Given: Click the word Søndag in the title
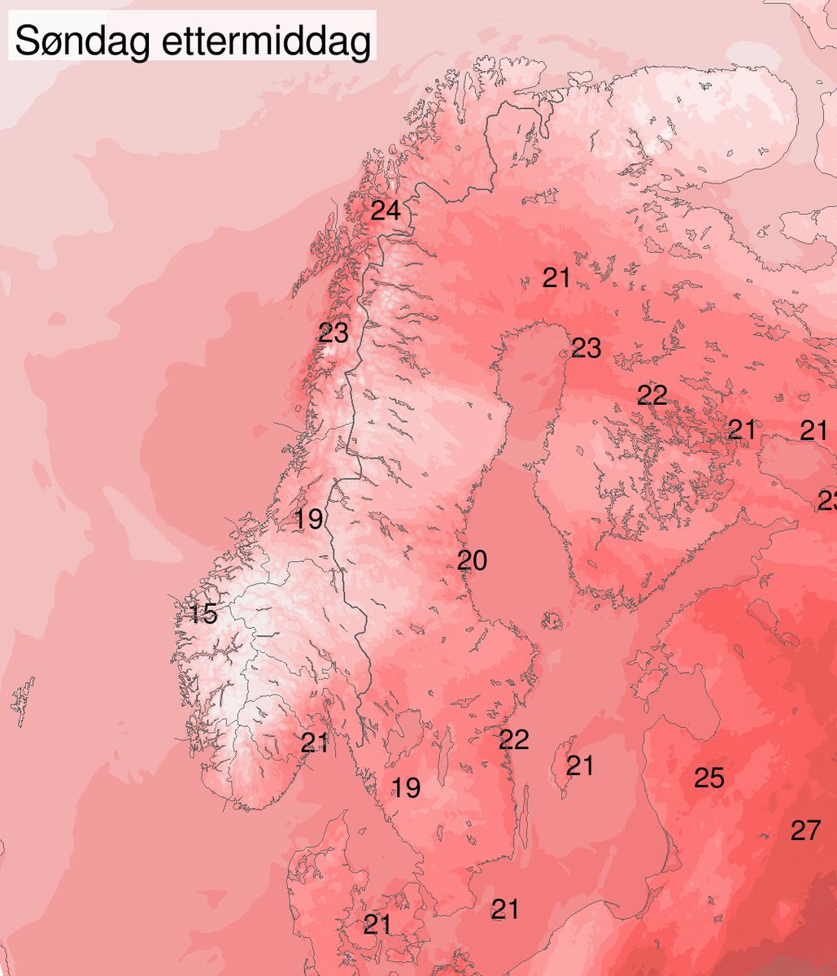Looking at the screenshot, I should point(80,41).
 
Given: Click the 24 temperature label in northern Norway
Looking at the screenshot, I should point(386,211).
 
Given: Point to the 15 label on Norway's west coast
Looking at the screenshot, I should point(203,614).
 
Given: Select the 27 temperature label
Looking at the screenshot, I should point(805,830).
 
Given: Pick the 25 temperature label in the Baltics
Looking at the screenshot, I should point(708,778).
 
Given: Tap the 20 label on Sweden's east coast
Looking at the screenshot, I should point(472,560).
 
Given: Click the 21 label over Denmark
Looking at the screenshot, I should point(377,924).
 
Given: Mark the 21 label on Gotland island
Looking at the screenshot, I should point(580,765).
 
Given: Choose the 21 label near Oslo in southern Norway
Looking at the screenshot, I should point(315,743).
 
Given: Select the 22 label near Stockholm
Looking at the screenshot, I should point(514,739).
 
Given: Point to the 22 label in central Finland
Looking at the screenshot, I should point(652,395).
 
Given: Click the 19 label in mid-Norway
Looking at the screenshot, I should point(309,518).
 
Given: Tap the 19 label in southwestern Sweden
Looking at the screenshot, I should point(406,786).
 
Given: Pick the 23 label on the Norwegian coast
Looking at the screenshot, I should point(333,333).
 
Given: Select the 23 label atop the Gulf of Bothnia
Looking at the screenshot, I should point(586,348).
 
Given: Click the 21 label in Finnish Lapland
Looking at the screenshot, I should point(556,278).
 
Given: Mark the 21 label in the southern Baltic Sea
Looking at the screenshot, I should point(505,909).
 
